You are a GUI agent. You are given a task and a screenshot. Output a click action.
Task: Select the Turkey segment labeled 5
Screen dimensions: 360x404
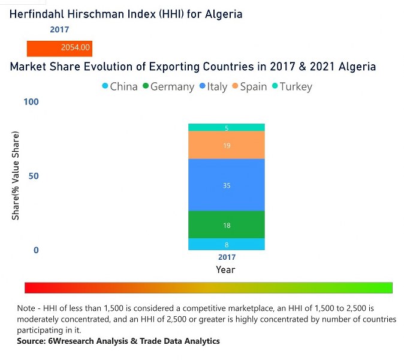226,127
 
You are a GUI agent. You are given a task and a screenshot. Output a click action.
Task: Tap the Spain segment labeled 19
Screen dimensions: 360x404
226,145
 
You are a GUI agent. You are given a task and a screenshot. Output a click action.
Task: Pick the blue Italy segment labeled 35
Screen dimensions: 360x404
226,185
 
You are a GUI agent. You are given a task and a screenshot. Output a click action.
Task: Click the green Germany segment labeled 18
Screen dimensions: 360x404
226,225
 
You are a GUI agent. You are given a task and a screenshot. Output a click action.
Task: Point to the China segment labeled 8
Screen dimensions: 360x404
226,244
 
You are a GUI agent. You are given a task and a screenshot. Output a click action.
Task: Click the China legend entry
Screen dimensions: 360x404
119,86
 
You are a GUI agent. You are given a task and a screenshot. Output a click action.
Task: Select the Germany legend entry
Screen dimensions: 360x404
167,86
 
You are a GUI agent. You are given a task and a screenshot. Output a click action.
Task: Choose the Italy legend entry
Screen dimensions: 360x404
212,86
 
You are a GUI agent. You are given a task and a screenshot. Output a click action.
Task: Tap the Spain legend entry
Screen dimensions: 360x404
248,86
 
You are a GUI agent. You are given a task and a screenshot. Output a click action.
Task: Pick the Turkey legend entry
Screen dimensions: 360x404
291,86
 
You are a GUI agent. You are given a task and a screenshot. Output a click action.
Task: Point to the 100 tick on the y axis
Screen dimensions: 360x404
31,102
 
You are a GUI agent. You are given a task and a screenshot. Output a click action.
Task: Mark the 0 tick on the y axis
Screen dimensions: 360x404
35,250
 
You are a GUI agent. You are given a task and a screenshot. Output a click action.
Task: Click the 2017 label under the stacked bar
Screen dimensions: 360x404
226,257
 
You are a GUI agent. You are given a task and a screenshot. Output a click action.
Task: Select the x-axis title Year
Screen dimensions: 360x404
226,270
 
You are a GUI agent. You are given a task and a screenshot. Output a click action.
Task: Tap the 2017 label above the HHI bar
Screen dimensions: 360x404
59,29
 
